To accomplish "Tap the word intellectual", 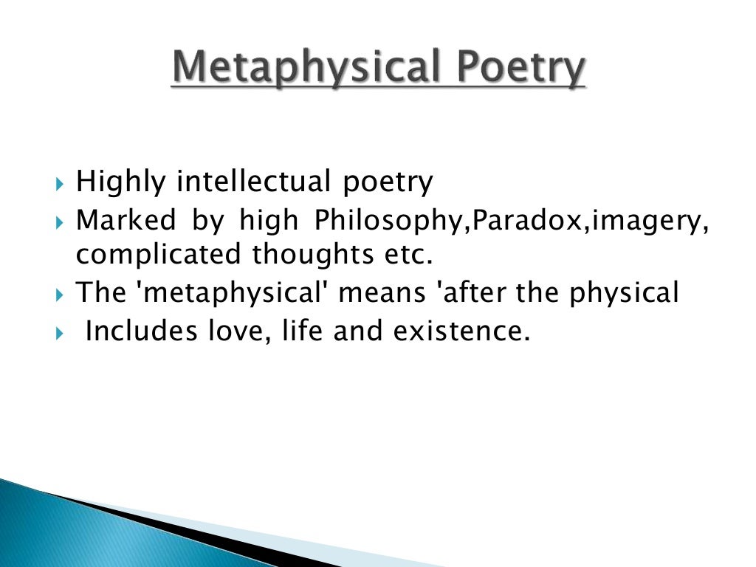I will tap(253, 182).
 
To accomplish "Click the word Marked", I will tap(126, 220).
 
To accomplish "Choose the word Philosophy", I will tap(392, 220).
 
